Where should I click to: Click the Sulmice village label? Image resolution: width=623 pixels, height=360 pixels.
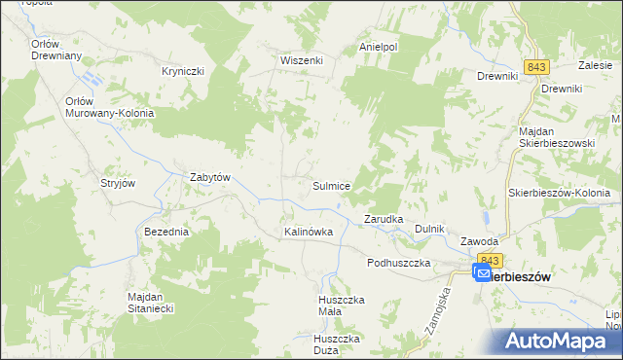[x=331, y=185]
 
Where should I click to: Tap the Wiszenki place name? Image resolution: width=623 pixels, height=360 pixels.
[x=301, y=59]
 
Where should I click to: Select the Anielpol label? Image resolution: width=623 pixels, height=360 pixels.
[x=379, y=46]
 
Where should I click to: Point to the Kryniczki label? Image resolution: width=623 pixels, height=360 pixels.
[x=182, y=72]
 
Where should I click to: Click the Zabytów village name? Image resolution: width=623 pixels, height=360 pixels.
[x=209, y=177]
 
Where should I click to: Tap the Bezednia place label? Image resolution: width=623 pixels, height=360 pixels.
[x=165, y=233]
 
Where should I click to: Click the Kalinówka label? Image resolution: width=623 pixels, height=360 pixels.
[x=309, y=233]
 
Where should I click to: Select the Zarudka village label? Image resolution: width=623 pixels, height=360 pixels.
[x=384, y=219]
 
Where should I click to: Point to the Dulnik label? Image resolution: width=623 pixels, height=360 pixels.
[x=429, y=229]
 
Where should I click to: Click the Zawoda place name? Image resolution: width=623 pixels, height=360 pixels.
[x=480, y=241]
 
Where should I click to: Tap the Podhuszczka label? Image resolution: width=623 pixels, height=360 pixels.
[x=398, y=264]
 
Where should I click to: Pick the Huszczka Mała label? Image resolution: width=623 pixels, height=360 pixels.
[x=342, y=306]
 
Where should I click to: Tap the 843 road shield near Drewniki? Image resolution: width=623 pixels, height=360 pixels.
[x=536, y=66]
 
